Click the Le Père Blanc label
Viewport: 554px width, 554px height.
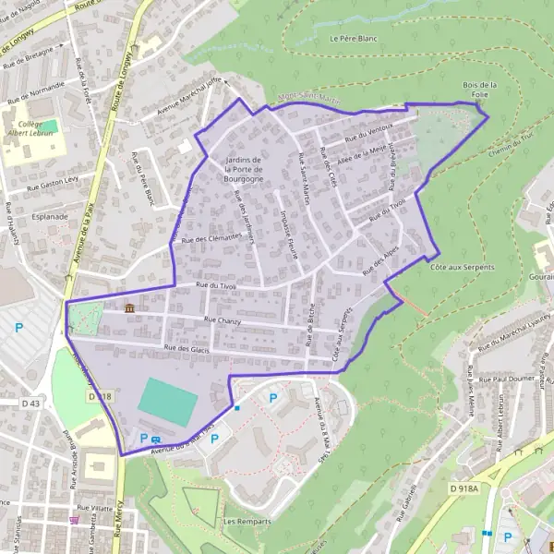tap(349, 39)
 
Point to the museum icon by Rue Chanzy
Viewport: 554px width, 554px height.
tap(128, 307)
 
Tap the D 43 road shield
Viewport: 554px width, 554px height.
tap(31, 403)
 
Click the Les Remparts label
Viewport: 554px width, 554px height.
tap(247, 522)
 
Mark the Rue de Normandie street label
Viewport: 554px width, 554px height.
tap(36, 91)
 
